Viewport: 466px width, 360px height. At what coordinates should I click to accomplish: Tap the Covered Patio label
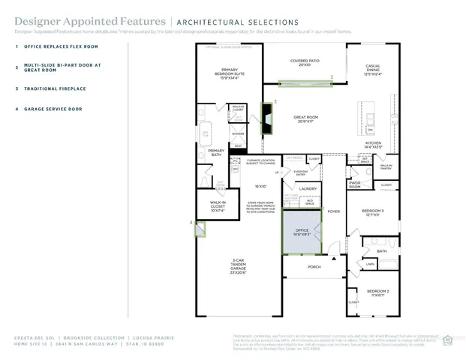[x=305, y=64]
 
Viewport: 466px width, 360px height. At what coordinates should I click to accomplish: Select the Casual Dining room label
[x=372, y=70]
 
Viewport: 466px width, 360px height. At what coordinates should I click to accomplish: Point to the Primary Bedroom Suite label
[x=227, y=74]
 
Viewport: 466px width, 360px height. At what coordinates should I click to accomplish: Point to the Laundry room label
[x=308, y=188]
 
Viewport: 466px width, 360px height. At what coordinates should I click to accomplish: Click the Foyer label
[x=333, y=211]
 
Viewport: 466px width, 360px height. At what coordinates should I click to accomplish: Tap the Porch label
[x=314, y=266]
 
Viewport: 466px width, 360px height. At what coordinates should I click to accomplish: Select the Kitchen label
[x=373, y=145]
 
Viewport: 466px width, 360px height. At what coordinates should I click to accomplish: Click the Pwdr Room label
[x=355, y=185]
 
